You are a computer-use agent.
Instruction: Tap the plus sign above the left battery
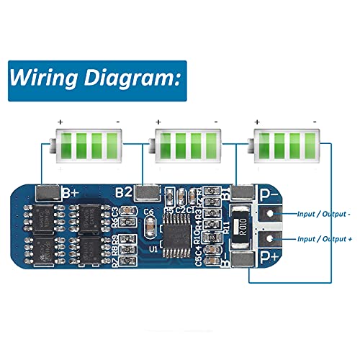(60, 122)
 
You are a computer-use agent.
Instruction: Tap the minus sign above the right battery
(315, 122)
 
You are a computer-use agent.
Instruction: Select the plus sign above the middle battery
(158, 122)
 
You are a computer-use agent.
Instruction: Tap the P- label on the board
(269, 194)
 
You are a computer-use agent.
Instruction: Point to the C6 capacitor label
(148, 211)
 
